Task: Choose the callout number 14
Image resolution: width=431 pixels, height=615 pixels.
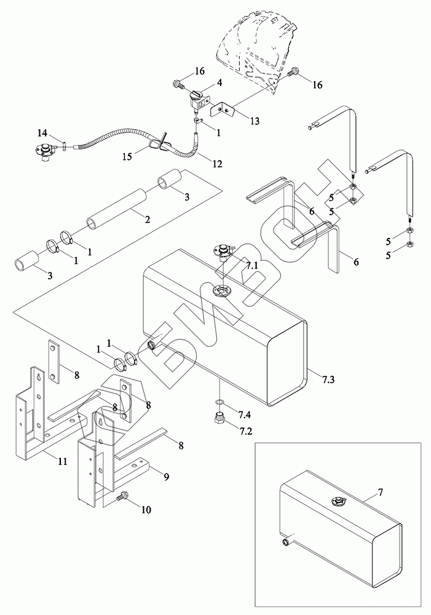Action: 42,133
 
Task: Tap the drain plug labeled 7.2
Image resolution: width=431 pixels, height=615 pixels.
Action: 219,419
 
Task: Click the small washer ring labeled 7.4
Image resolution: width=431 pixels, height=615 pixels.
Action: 219,404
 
